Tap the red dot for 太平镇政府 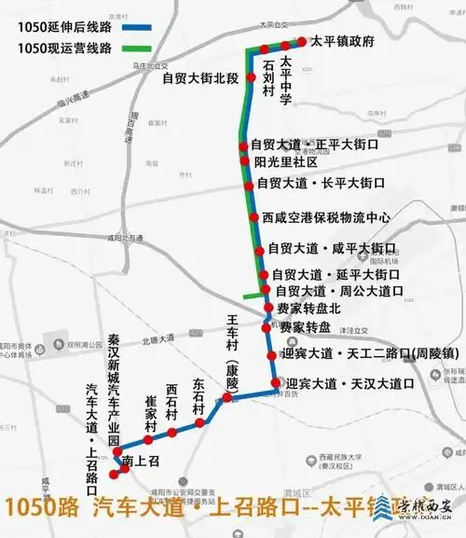pos(302,41)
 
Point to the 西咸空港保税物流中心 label pos(326,217)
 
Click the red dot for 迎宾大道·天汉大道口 pos(276,383)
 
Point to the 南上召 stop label pos(142,460)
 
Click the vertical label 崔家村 pos(149,414)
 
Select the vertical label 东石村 pos(199,396)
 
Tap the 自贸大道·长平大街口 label pos(321,183)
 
